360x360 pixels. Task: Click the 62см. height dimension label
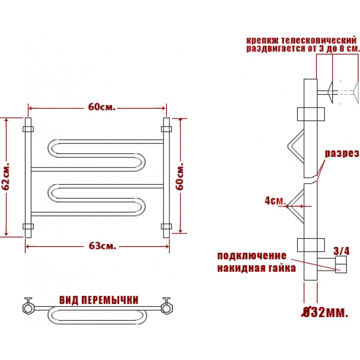(x=6, y=176)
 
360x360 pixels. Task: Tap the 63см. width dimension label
(x=103, y=246)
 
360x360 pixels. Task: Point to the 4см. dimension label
(x=275, y=201)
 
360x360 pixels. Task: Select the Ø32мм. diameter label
(x=324, y=312)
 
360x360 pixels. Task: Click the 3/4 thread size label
(x=342, y=251)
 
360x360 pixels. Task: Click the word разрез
(x=342, y=153)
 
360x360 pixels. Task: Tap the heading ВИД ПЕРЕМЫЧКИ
(x=99, y=300)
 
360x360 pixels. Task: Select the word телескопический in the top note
(x=319, y=40)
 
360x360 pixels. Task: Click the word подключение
(x=252, y=256)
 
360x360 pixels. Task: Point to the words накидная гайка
(x=256, y=268)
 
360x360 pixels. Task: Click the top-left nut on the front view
(x=28, y=129)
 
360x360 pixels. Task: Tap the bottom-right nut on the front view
(x=166, y=226)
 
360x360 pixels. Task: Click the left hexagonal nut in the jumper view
(x=28, y=308)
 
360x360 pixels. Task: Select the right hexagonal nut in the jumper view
(x=166, y=308)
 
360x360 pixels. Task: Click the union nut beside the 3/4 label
(x=341, y=264)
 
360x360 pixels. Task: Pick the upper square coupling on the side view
(x=310, y=114)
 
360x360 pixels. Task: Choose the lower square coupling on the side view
(x=310, y=245)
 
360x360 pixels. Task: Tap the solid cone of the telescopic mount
(x=330, y=93)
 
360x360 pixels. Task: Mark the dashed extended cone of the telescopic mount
(x=355, y=93)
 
